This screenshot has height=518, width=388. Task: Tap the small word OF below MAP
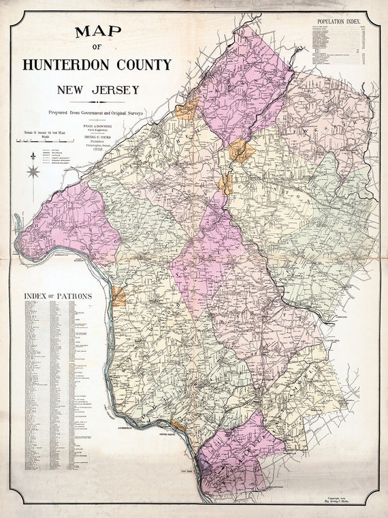tap(96, 47)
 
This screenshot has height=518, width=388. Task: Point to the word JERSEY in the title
tap(115, 89)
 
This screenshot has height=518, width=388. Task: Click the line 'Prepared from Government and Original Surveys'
tap(96, 111)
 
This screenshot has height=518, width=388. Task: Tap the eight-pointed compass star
tap(33, 171)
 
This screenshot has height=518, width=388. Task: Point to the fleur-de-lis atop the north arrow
tap(33, 157)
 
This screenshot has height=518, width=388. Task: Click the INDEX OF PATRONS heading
tap(57, 296)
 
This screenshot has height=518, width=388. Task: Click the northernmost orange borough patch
tap(187, 108)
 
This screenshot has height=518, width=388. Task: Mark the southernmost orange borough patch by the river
tap(178, 425)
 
